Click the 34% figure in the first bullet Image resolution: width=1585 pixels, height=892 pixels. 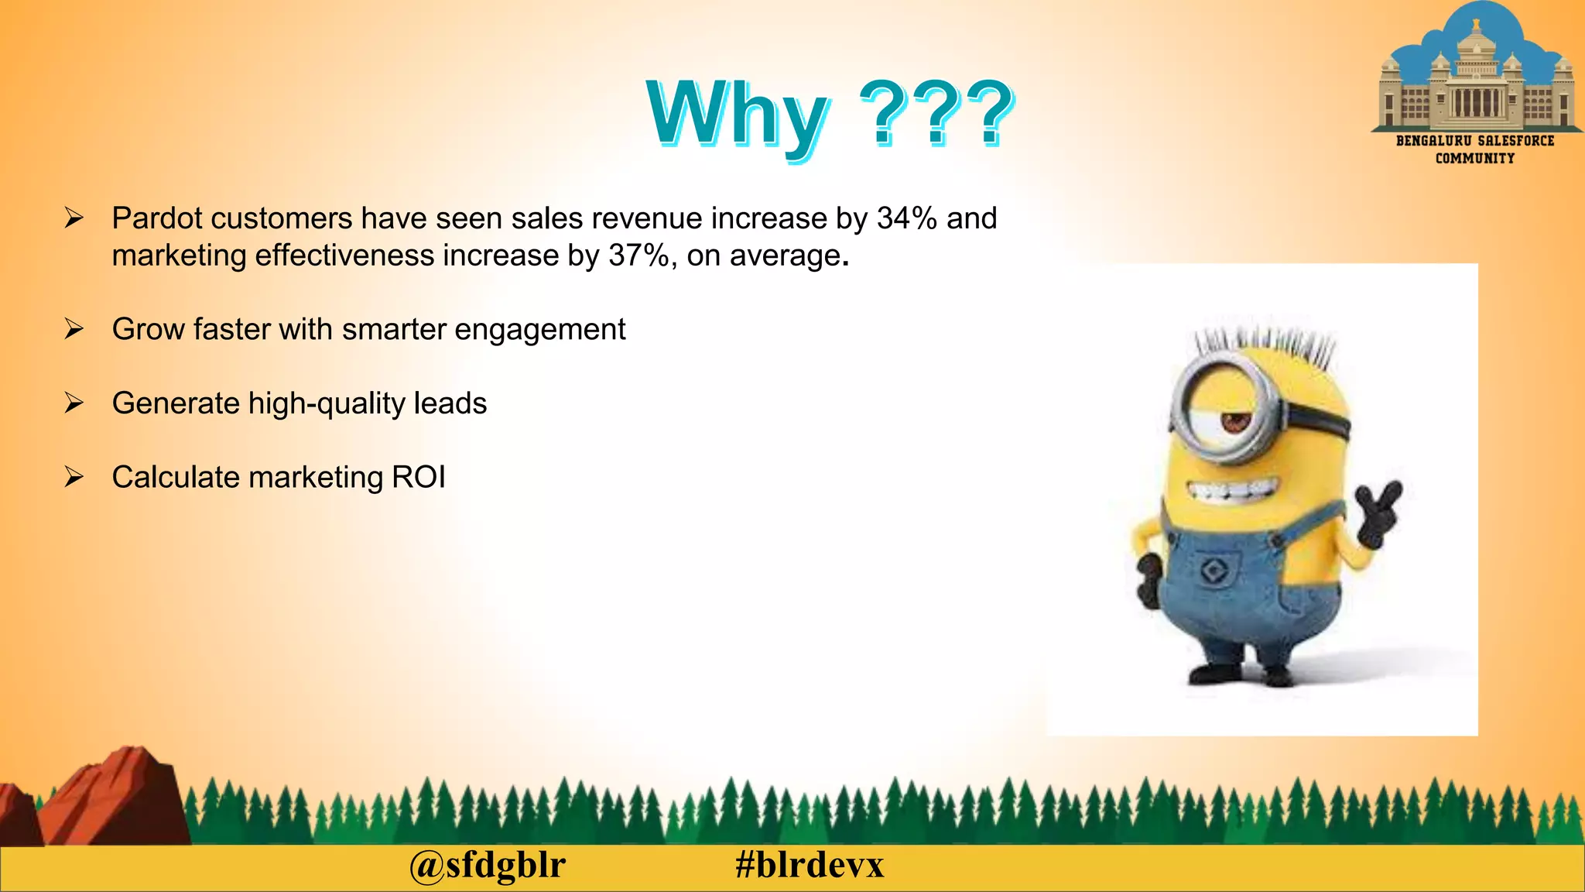[x=907, y=218]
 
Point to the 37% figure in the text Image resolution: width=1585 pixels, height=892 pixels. [x=639, y=256]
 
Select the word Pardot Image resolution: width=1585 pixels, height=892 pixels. [x=157, y=218]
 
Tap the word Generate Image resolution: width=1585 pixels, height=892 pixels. [x=176, y=403]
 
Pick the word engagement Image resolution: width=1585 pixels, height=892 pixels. [x=539, y=330]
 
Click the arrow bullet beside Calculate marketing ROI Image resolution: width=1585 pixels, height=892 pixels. [x=74, y=477]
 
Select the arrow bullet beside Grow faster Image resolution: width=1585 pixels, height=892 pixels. [x=74, y=330]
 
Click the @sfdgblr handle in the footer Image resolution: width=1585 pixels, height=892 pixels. [x=488, y=865]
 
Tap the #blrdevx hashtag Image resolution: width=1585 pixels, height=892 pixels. [x=810, y=865]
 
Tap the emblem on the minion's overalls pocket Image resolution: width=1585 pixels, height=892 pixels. [x=1213, y=571]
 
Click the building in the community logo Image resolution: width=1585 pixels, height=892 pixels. [x=1477, y=85]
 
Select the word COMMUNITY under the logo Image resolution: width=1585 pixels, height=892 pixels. [x=1475, y=159]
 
